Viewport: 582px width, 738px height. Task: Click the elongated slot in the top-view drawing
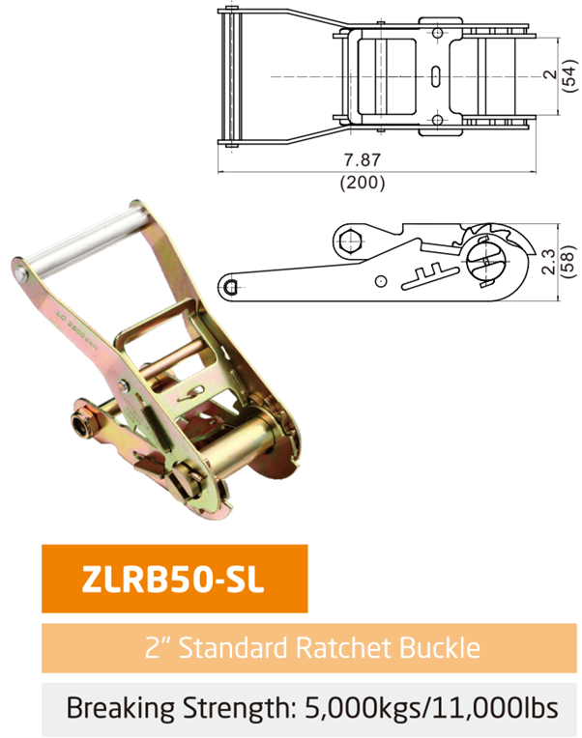coord(435,75)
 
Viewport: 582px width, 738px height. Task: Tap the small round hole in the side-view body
coord(382,281)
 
